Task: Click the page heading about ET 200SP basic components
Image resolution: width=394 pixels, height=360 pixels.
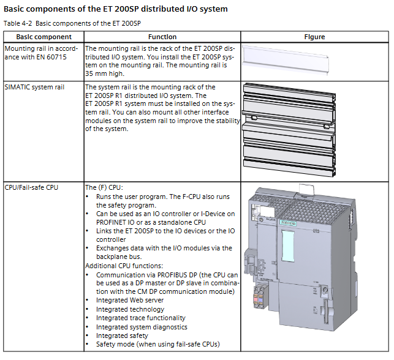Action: [116, 9]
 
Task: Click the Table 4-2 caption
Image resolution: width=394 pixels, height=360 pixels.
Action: [72, 23]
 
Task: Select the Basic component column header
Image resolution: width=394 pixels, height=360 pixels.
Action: [42, 37]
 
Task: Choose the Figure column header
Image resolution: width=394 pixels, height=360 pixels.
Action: [315, 37]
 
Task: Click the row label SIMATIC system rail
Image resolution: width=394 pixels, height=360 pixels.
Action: [34, 87]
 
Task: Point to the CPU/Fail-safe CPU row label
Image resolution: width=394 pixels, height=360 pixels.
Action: [31, 187]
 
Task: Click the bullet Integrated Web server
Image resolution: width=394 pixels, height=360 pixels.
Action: [129, 300]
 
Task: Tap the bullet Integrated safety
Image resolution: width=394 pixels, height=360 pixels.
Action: [121, 336]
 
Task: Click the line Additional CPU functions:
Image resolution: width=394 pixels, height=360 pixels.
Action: [124, 266]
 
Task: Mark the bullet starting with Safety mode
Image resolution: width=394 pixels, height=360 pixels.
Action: [157, 344]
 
